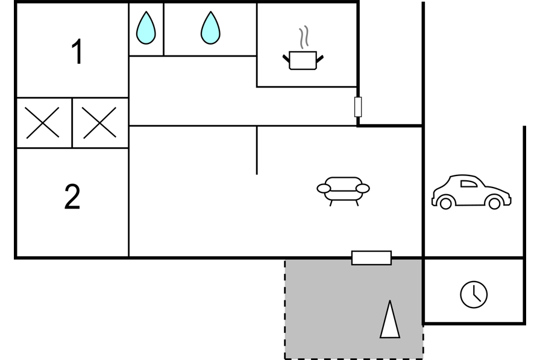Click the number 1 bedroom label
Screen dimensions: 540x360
(77, 51)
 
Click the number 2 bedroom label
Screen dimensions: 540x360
(72, 197)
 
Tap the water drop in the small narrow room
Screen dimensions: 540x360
(146, 28)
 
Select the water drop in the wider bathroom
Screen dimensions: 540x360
(210, 28)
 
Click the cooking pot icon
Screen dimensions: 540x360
(303, 61)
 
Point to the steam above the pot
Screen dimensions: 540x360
(303, 37)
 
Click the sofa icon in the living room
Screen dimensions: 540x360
(343, 191)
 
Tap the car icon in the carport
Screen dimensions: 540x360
(471, 192)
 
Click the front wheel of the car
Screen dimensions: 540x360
(495, 203)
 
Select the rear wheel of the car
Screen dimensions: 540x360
(445, 203)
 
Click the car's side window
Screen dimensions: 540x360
(469, 184)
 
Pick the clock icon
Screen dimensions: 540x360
(474, 294)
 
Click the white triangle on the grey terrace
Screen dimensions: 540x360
(390, 320)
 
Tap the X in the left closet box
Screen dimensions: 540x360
(43, 123)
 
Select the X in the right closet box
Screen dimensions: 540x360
(99, 123)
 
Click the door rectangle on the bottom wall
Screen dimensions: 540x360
(372, 258)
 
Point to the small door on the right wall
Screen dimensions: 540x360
(358, 107)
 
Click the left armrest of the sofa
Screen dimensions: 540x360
(324, 188)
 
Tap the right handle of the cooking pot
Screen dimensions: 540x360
(320, 58)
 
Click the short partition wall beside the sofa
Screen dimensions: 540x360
(257, 150)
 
